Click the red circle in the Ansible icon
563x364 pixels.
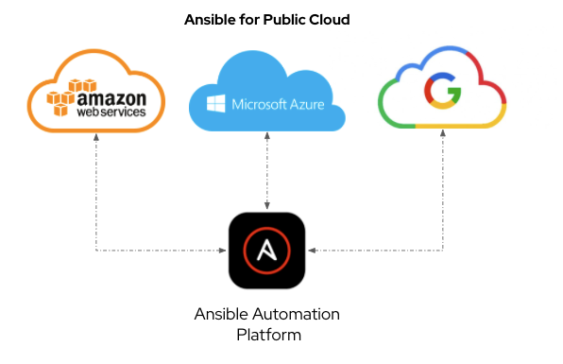[267, 251]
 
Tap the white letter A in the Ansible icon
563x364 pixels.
[267, 251]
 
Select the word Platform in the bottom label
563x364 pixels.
[267, 334]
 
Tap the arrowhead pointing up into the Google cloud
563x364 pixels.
[443, 135]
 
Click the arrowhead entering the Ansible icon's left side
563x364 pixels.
[225, 251]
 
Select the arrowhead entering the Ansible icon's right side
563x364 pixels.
[311, 251]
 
